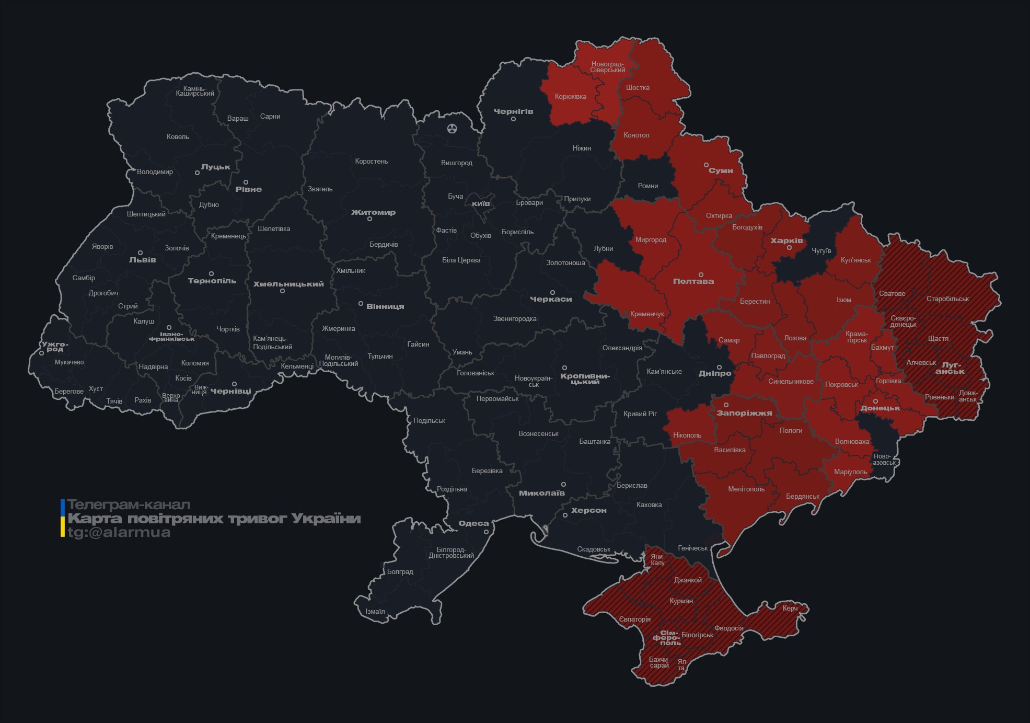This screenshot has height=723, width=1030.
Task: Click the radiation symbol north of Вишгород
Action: [452, 128]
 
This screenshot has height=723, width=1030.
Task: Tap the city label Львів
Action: [142, 260]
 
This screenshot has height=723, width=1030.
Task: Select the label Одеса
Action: [473, 523]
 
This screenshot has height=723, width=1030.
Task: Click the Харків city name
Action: [786, 241]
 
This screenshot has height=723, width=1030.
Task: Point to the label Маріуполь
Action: [850, 472]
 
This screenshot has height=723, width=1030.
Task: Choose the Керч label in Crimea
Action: [790, 608]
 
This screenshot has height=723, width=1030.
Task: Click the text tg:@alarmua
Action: [119, 533]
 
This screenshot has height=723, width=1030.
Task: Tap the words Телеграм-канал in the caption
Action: [129, 505]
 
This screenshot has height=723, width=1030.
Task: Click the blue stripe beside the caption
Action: [63, 507]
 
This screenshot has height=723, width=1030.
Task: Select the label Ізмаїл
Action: [375, 612]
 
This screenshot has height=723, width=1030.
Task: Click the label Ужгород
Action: [54, 347]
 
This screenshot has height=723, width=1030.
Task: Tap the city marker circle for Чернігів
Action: [513, 119]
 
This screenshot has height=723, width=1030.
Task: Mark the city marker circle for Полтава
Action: [701, 274]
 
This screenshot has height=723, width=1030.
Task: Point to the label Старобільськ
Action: [947, 299]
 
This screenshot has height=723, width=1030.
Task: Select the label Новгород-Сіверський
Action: [608, 67]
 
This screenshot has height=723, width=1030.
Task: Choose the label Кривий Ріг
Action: [640, 414]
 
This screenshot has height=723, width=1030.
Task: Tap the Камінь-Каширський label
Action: [194, 91]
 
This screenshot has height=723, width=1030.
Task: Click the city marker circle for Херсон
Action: [565, 515]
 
